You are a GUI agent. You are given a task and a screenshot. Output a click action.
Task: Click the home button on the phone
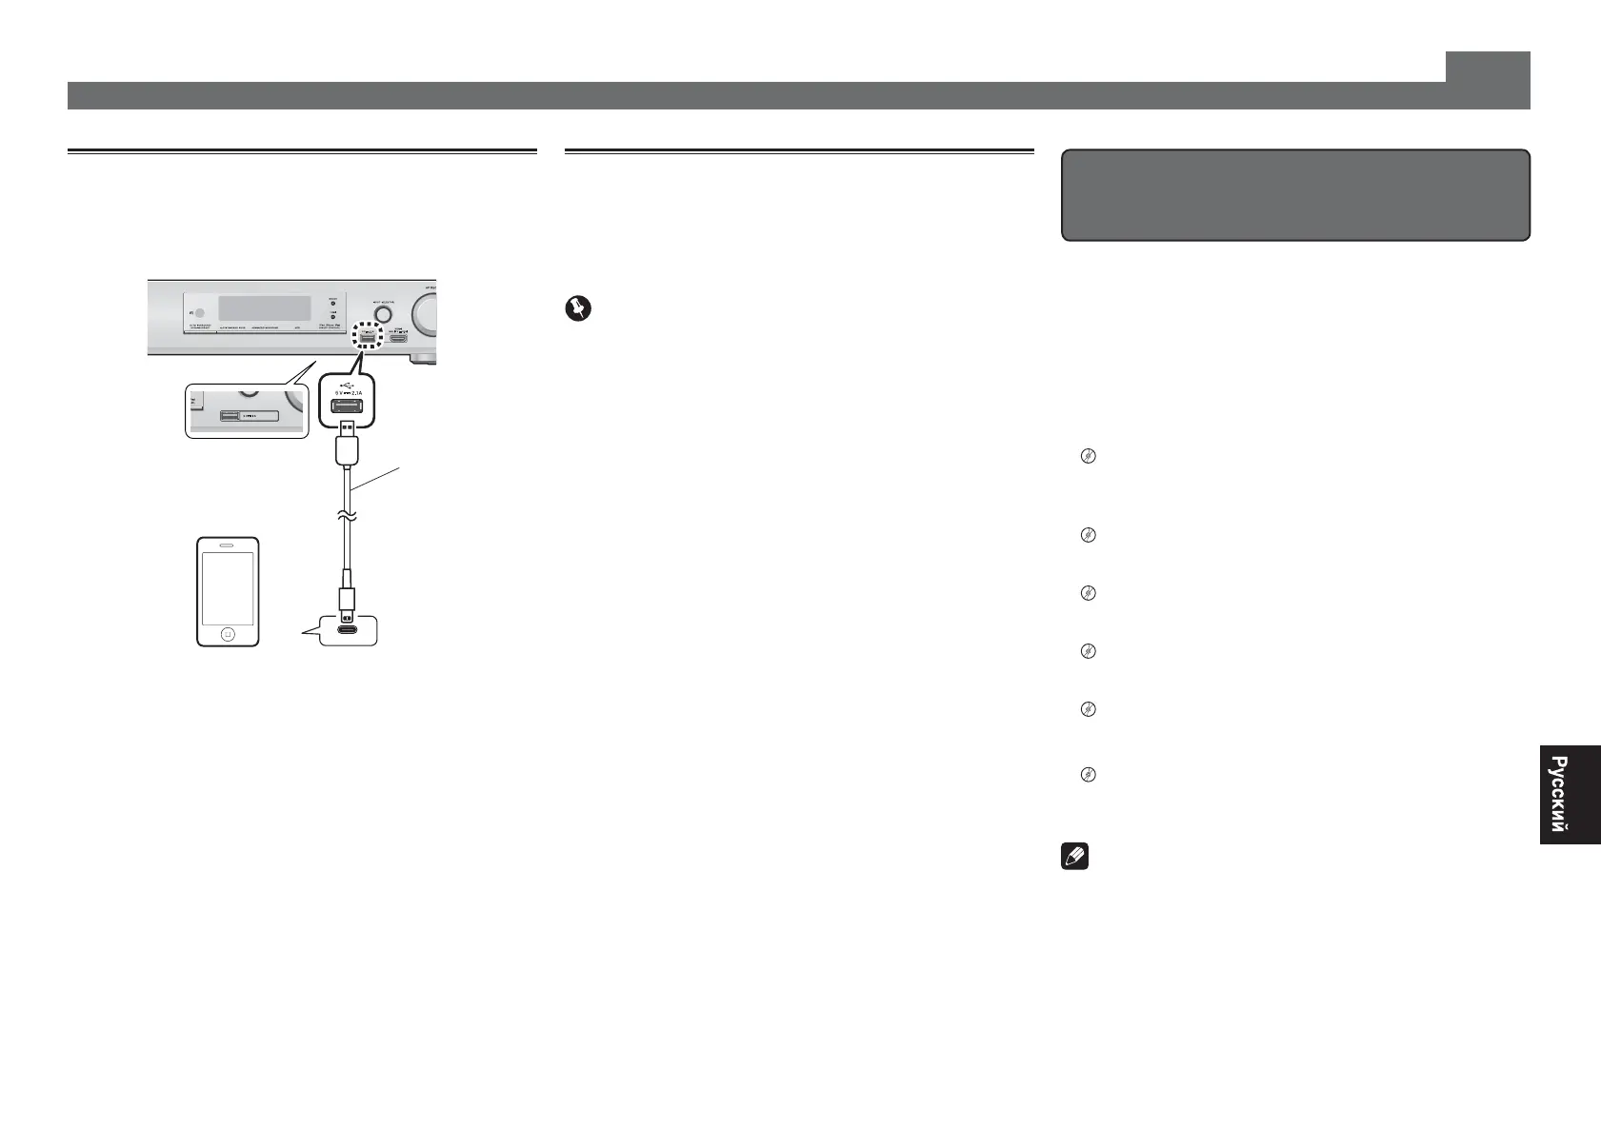[227, 633]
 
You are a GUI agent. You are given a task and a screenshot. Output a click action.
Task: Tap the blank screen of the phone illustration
[227, 589]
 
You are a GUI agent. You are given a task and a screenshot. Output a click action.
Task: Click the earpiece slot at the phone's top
[227, 546]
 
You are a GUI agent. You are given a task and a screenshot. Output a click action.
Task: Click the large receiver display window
[264, 307]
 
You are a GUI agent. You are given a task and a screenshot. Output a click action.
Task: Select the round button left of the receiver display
[198, 311]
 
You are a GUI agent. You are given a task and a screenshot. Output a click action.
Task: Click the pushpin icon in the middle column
[578, 309]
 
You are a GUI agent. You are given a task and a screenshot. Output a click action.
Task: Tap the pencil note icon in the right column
[1074, 857]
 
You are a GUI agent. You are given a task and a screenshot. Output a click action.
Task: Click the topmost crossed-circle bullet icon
[1087, 457]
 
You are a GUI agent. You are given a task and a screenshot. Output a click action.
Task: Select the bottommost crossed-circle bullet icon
[1087, 775]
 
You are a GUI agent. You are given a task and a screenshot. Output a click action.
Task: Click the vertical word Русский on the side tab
[1557, 794]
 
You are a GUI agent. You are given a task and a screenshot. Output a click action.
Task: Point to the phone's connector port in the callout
[350, 630]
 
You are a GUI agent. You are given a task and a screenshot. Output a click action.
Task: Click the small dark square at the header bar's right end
[1487, 67]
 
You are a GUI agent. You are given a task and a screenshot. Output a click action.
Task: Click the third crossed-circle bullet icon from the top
[1087, 593]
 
